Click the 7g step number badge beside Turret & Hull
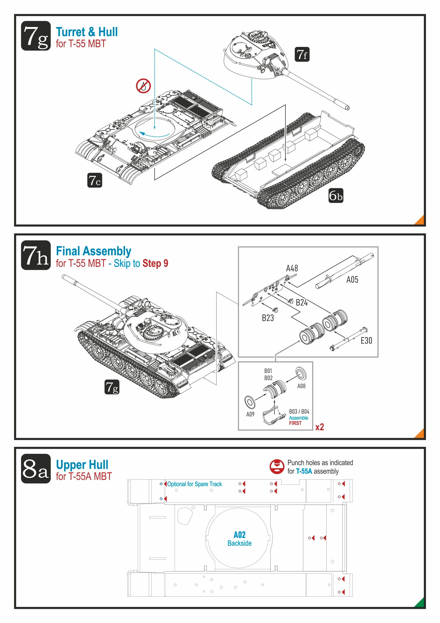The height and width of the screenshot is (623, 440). click(36, 36)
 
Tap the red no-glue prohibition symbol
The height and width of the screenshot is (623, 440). click(143, 86)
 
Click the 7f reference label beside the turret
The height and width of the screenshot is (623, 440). click(302, 54)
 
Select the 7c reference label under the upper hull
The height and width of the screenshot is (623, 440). click(95, 180)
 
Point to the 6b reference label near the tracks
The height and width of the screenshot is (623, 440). click(336, 195)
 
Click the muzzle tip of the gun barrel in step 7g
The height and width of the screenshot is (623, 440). click(347, 108)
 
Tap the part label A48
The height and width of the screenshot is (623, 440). click(292, 268)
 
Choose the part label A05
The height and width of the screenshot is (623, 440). click(352, 279)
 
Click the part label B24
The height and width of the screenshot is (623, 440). click(302, 302)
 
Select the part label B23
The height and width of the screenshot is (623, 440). click(268, 318)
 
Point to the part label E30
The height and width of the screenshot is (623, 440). click(366, 340)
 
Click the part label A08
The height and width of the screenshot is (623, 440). click(301, 386)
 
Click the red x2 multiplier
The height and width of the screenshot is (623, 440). click(320, 427)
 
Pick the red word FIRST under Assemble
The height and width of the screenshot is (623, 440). click(295, 423)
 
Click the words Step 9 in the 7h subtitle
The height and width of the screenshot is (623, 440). click(155, 263)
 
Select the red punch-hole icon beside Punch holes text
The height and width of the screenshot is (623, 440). click(277, 467)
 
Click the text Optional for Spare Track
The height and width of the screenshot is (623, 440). click(194, 484)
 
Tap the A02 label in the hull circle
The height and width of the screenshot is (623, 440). click(239, 535)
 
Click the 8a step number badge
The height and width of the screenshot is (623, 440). click(36, 469)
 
